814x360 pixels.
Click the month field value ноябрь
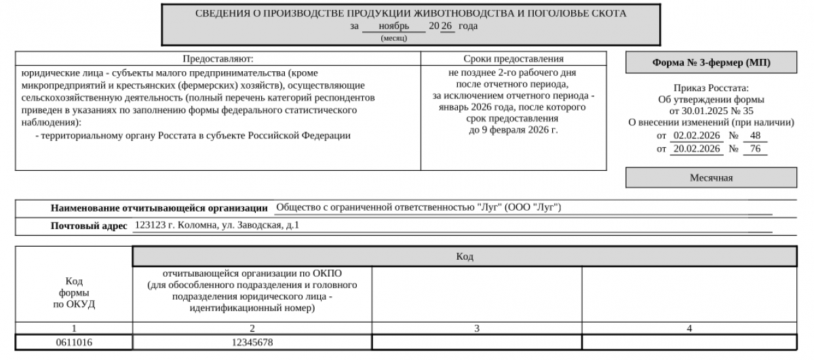pos(393,26)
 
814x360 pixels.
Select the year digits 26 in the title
pos(446,26)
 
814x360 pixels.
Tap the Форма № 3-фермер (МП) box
pos(712,63)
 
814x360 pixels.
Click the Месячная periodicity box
pos(712,178)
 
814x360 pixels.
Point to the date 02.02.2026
pos(697,136)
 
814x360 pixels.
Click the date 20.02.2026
pos(697,149)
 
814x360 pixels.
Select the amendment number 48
pos(754,136)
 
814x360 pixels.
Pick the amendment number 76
pos(754,149)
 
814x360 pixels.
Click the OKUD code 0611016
pos(74,343)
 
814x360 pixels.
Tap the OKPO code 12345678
pos(252,343)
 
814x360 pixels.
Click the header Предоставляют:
pos(218,59)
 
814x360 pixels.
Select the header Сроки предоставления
pos(513,59)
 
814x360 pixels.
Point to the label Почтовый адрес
pos(89,226)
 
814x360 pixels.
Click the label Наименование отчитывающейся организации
pos(159,207)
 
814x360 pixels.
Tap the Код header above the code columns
pos(465,257)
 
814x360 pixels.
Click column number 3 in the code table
pos(477,328)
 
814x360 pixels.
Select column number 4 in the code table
pos(689,328)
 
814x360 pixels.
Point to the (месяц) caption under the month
pos(393,38)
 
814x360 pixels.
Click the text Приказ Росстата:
pos(712,88)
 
